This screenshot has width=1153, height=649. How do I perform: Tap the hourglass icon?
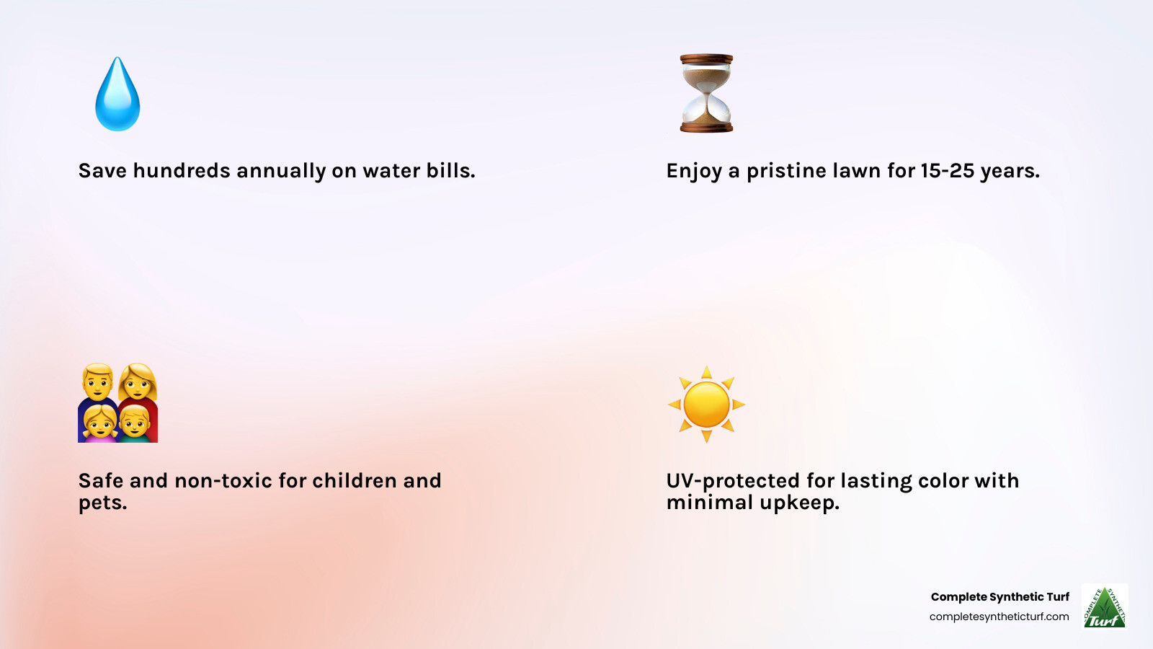pyautogui.click(x=706, y=93)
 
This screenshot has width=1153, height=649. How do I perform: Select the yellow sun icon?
pyautogui.click(x=706, y=405)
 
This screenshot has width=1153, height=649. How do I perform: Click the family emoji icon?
pyautogui.click(x=118, y=403)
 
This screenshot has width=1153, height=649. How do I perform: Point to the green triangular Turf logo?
pyautogui.click(x=1105, y=606)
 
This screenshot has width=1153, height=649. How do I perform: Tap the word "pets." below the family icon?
pyautogui.click(x=102, y=503)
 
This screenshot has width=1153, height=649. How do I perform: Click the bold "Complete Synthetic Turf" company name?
pyautogui.click(x=1000, y=597)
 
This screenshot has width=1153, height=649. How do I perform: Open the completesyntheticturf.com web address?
pyautogui.click(x=999, y=617)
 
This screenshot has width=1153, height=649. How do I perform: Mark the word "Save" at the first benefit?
pyautogui.click(x=102, y=170)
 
